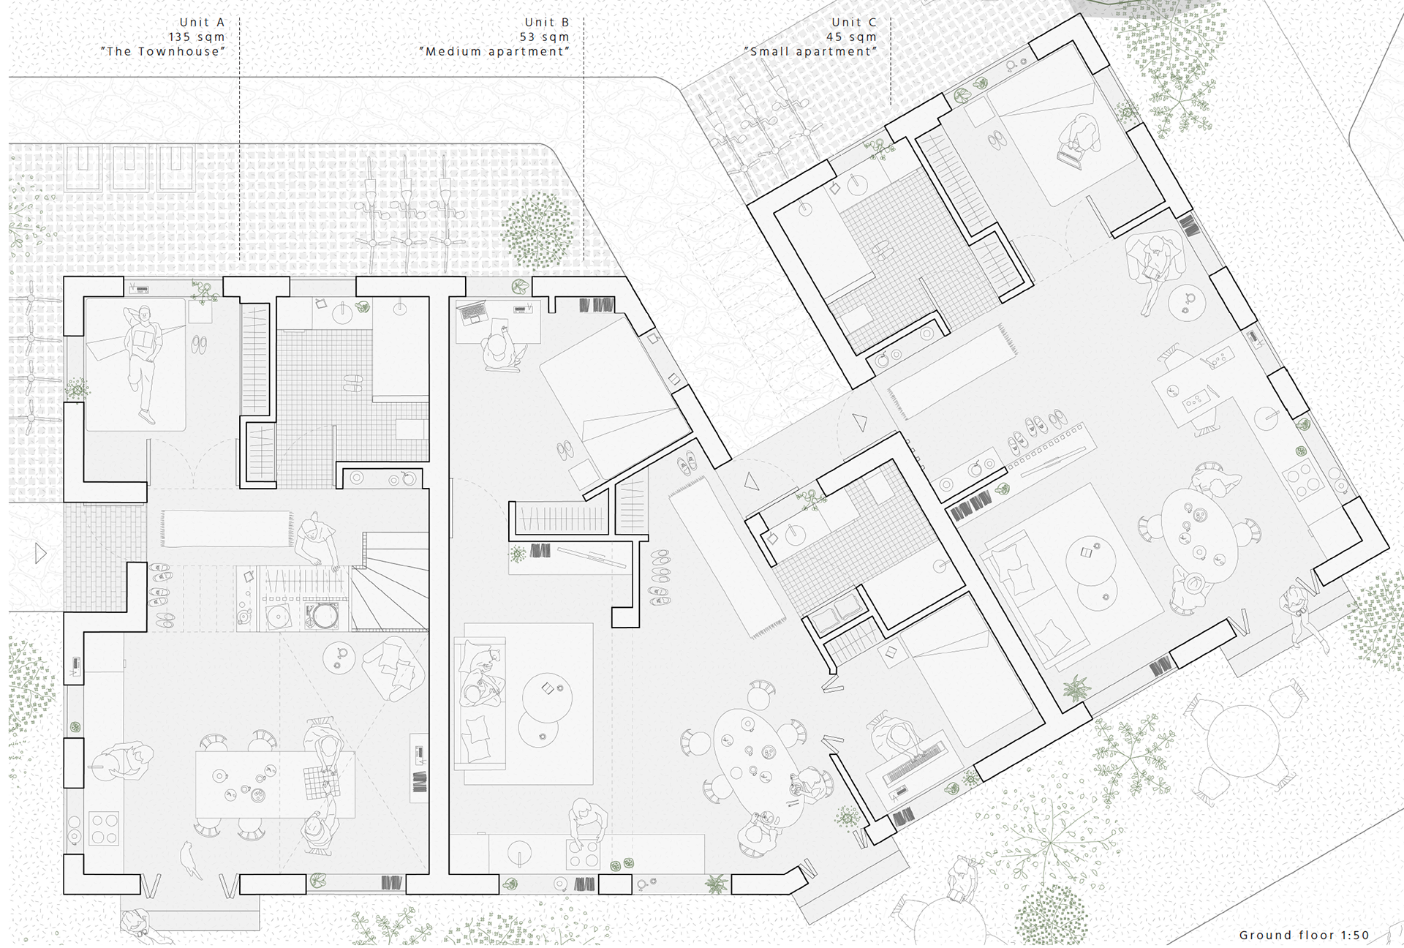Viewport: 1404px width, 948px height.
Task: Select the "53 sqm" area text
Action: (544, 37)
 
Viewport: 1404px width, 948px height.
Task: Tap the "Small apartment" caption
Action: (810, 51)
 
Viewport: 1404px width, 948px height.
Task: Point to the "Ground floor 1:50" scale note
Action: (1304, 935)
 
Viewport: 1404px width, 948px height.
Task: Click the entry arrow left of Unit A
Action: (41, 554)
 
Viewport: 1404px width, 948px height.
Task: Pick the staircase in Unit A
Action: (389, 582)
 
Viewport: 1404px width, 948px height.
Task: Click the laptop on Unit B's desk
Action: (472, 314)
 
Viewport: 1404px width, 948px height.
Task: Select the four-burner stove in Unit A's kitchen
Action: (104, 829)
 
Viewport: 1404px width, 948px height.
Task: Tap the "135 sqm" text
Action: (197, 37)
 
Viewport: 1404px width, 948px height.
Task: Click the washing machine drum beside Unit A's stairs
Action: (322, 614)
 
